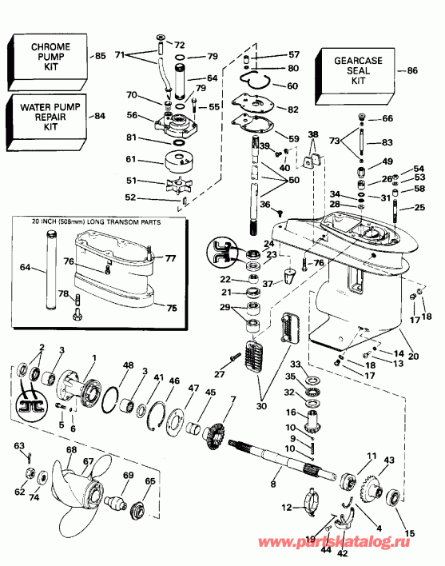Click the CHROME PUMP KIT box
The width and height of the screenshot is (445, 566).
pyautogui.click(x=50, y=58)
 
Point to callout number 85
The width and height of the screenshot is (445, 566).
pyautogui.click(x=100, y=56)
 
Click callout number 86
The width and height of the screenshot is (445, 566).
pyautogui.click(x=412, y=71)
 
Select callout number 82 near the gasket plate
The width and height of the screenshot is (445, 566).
pyautogui.click(x=293, y=109)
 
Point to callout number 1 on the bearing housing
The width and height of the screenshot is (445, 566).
pyautogui.click(x=93, y=357)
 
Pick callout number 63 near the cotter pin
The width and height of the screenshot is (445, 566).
pyautogui.click(x=18, y=446)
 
